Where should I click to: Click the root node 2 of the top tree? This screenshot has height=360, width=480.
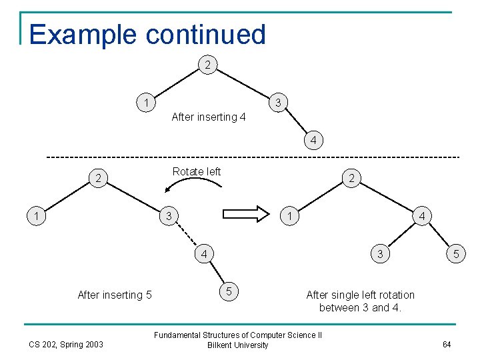pos(209,65)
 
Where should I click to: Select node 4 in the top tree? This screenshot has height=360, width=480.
pos(313,141)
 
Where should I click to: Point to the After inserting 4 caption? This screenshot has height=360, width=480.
pos(209,117)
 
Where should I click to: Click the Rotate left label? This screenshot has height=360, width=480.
pos(197,171)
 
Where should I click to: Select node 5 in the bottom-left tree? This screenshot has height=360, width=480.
pos(229,291)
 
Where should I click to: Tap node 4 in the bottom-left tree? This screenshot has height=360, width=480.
pos(204,254)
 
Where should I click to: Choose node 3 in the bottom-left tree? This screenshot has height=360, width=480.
pos(169,216)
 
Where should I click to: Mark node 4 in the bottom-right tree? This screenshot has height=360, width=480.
pos(423,216)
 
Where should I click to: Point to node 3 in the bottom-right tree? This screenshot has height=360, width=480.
pos(380,254)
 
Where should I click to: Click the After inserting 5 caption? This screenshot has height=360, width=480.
pos(115,295)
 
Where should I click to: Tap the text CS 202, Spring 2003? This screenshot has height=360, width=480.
pos(66,345)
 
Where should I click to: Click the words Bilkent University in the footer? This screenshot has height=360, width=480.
pos(238,345)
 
